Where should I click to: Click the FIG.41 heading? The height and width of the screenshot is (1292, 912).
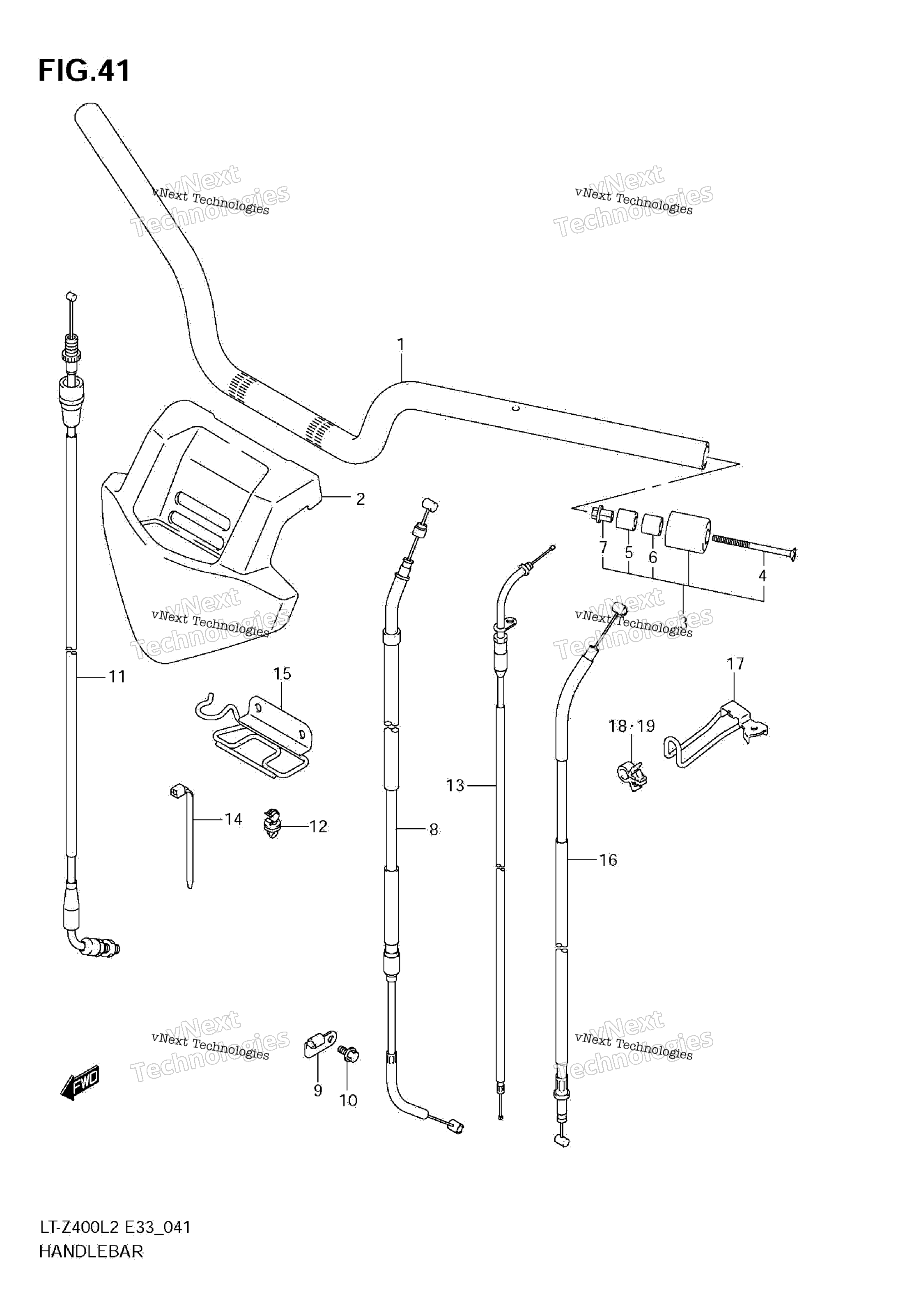click(x=85, y=71)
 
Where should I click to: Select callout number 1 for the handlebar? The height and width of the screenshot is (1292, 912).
click(x=401, y=345)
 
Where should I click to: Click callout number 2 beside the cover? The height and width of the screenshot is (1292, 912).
click(x=361, y=499)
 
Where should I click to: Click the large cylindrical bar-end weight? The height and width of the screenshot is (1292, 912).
click(x=687, y=531)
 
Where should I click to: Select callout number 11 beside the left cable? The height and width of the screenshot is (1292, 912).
click(x=117, y=676)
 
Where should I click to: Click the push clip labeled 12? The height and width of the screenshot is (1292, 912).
click(x=272, y=824)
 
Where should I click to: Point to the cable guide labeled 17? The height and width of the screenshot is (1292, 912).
click(x=715, y=734)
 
